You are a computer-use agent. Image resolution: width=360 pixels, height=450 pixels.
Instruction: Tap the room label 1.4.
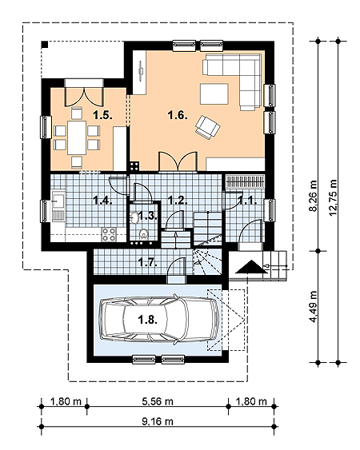[102, 201]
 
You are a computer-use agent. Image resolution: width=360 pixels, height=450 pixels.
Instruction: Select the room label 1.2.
[178, 201]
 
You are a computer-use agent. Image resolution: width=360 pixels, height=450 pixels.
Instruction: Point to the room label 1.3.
[146, 216]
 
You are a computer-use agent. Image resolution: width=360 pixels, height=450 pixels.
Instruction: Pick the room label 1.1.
[247, 201]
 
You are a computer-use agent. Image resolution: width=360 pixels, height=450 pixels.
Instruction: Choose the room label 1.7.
[146, 261]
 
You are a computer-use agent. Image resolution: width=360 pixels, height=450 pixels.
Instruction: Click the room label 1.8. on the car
[147, 320]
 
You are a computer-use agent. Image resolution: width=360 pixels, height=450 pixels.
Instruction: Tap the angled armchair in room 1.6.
[208, 126]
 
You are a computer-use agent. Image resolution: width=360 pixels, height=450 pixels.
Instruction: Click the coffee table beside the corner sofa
[214, 94]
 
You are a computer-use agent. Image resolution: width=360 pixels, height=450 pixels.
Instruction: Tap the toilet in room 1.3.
[143, 234]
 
